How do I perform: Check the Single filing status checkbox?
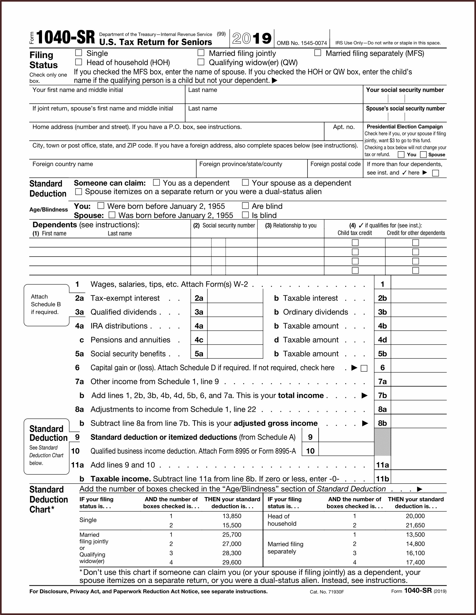click(79, 53)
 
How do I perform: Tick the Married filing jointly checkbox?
click(201, 53)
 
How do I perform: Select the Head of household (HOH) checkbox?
click(79, 62)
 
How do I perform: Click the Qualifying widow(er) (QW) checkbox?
click(201, 62)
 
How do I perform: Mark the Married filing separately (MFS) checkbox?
click(318, 53)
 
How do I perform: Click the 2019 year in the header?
click(252, 39)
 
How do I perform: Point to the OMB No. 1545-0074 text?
click(302, 43)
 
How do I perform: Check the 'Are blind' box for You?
click(245, 206)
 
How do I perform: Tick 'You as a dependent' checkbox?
click(156, 183)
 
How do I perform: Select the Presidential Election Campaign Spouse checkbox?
click(423, 155)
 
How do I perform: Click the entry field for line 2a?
click(235, 298)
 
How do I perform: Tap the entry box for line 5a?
click(235, 353)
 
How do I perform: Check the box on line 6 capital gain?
click(364, 368)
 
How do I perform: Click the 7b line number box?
click(382, 395)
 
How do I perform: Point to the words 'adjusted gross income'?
click(276, 423)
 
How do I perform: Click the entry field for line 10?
click(346, 451)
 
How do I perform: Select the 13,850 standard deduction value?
click(232, 516)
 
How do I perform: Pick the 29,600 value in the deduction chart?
click(232, 562)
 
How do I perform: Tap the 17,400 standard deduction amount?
click(415, 562)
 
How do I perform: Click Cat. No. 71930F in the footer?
click(327, 592)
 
